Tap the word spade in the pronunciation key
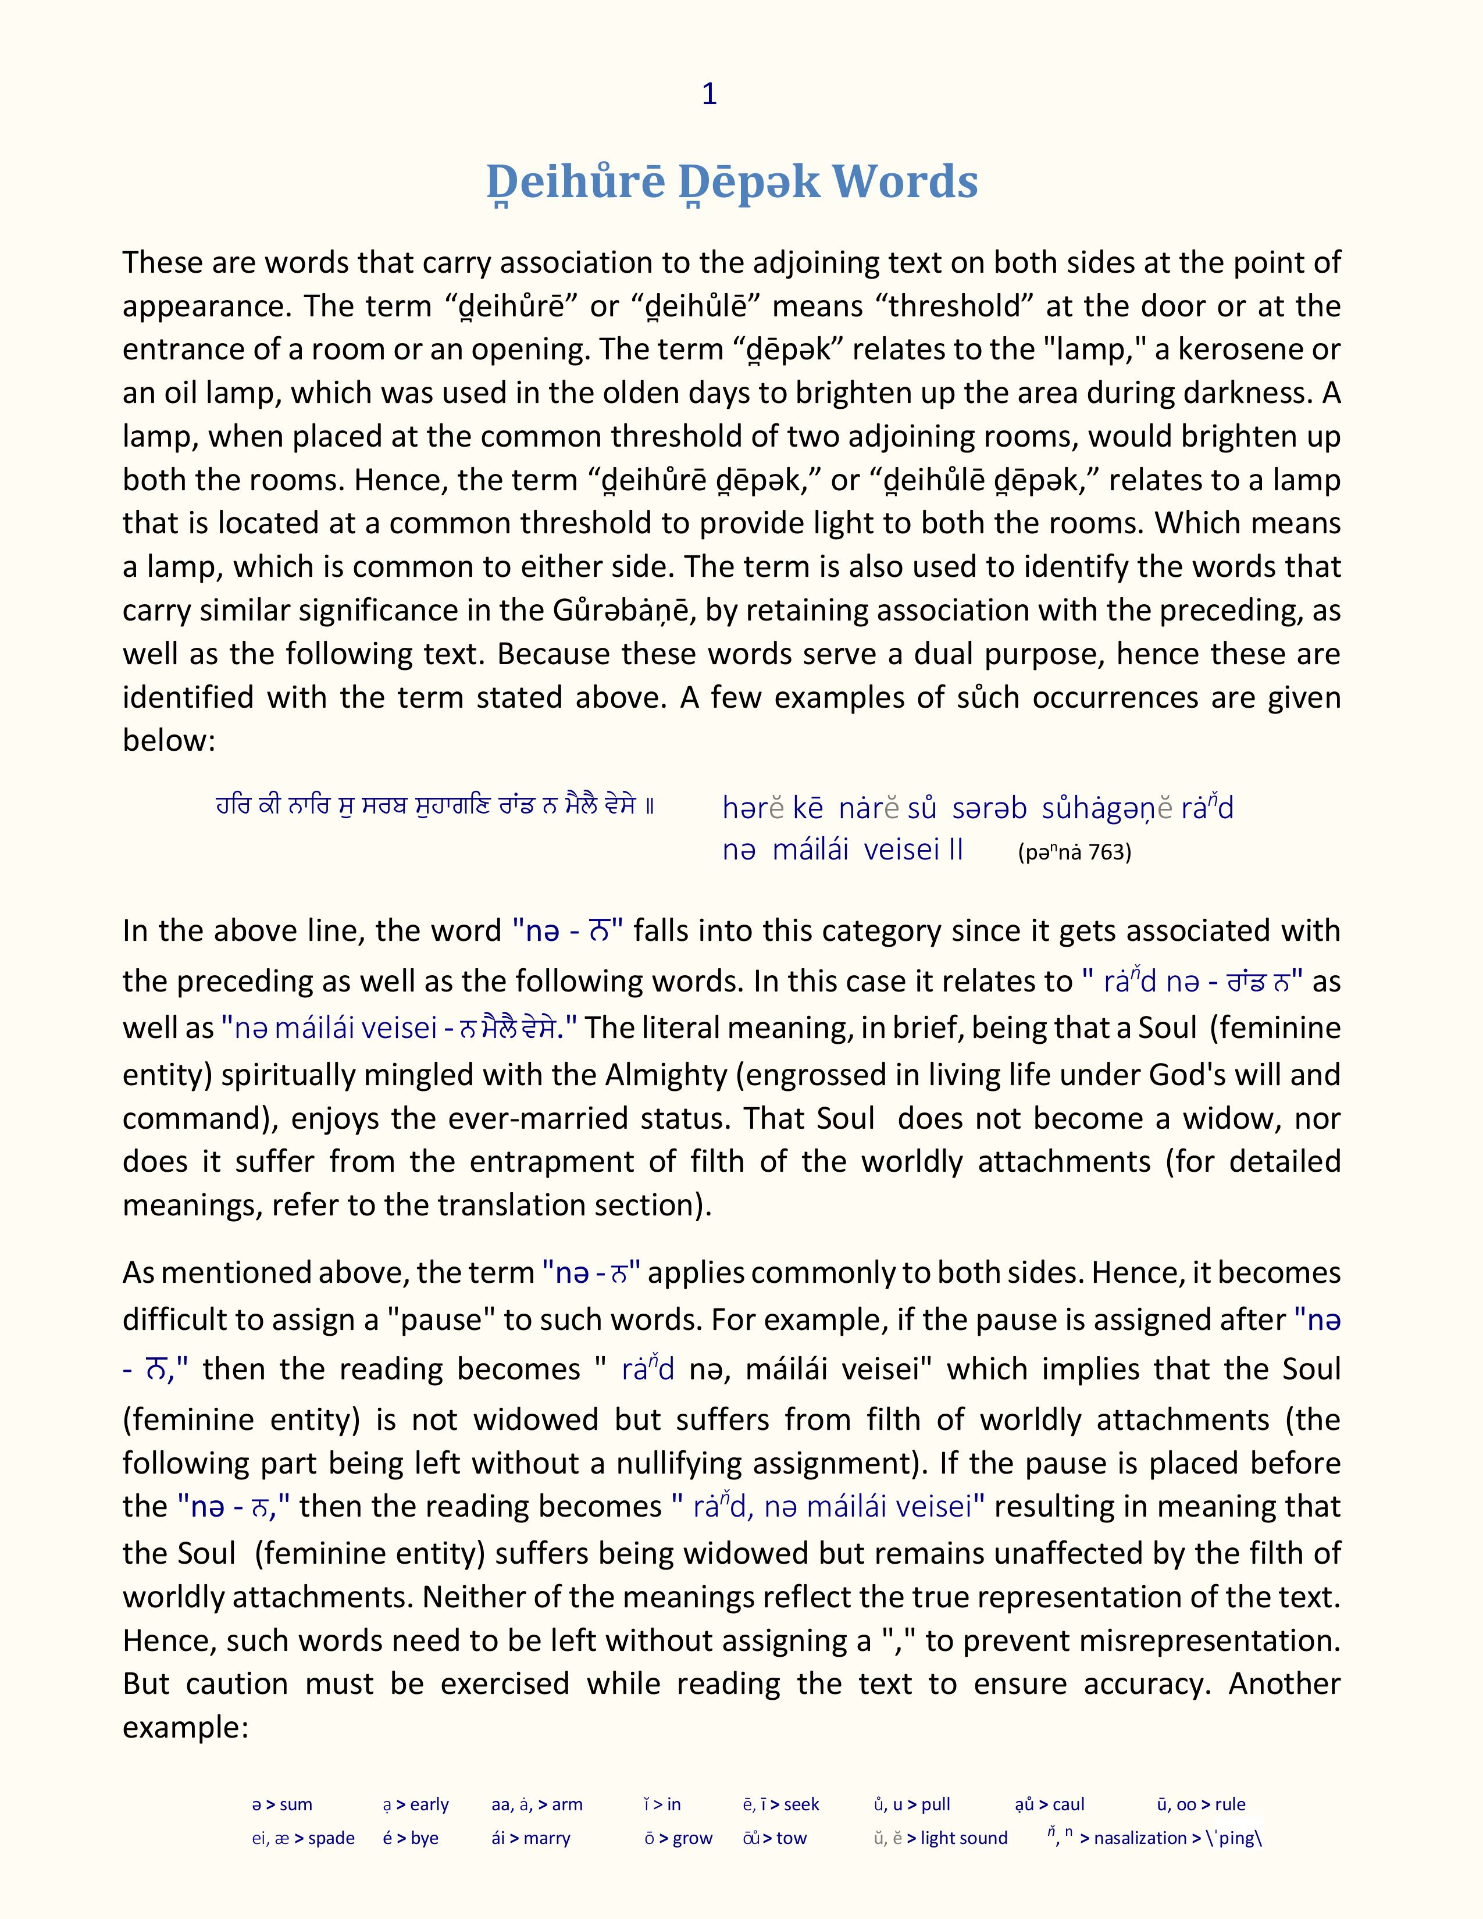coord(331,1838)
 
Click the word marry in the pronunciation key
coord(547,1838)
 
